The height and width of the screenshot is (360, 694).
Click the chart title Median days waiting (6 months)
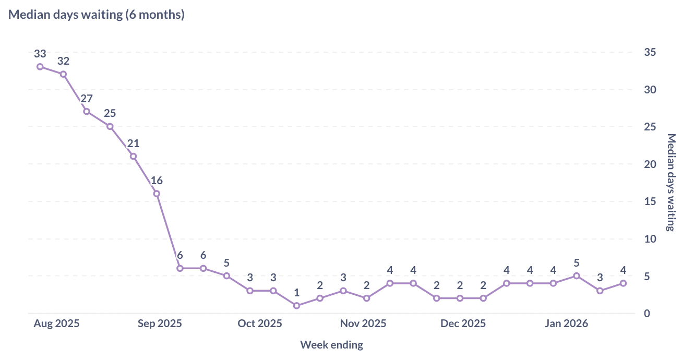coord(97,15)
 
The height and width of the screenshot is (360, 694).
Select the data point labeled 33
coord(40,67)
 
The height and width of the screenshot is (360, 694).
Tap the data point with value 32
coord(63,74)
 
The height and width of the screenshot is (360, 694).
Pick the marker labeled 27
coord(87,112)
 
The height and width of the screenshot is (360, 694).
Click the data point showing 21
coord(133,157)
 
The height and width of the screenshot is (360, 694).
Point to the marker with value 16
coord(157,194)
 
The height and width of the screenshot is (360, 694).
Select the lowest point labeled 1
coord(296,306)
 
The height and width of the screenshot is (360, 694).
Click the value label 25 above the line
coord(110,113)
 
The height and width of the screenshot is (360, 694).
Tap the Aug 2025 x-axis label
coord(56,323)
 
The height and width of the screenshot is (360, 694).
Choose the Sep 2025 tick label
coord(160,323)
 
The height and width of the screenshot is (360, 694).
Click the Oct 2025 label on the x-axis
coord(259,323)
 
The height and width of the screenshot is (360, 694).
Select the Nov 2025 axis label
coord(363,323)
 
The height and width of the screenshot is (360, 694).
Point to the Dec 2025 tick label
coord(463,323)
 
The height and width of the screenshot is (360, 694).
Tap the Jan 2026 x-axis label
coord(566,323)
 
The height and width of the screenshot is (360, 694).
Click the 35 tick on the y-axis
coord(650,52)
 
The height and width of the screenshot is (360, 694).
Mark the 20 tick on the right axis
coord(650,164)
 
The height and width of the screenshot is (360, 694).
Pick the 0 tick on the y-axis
coord(647,314)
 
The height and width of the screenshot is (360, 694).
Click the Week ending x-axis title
coord(331,345)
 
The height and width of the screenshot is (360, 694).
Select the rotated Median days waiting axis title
coord(671,182)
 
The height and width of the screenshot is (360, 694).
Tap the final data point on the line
coord(623,283)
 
